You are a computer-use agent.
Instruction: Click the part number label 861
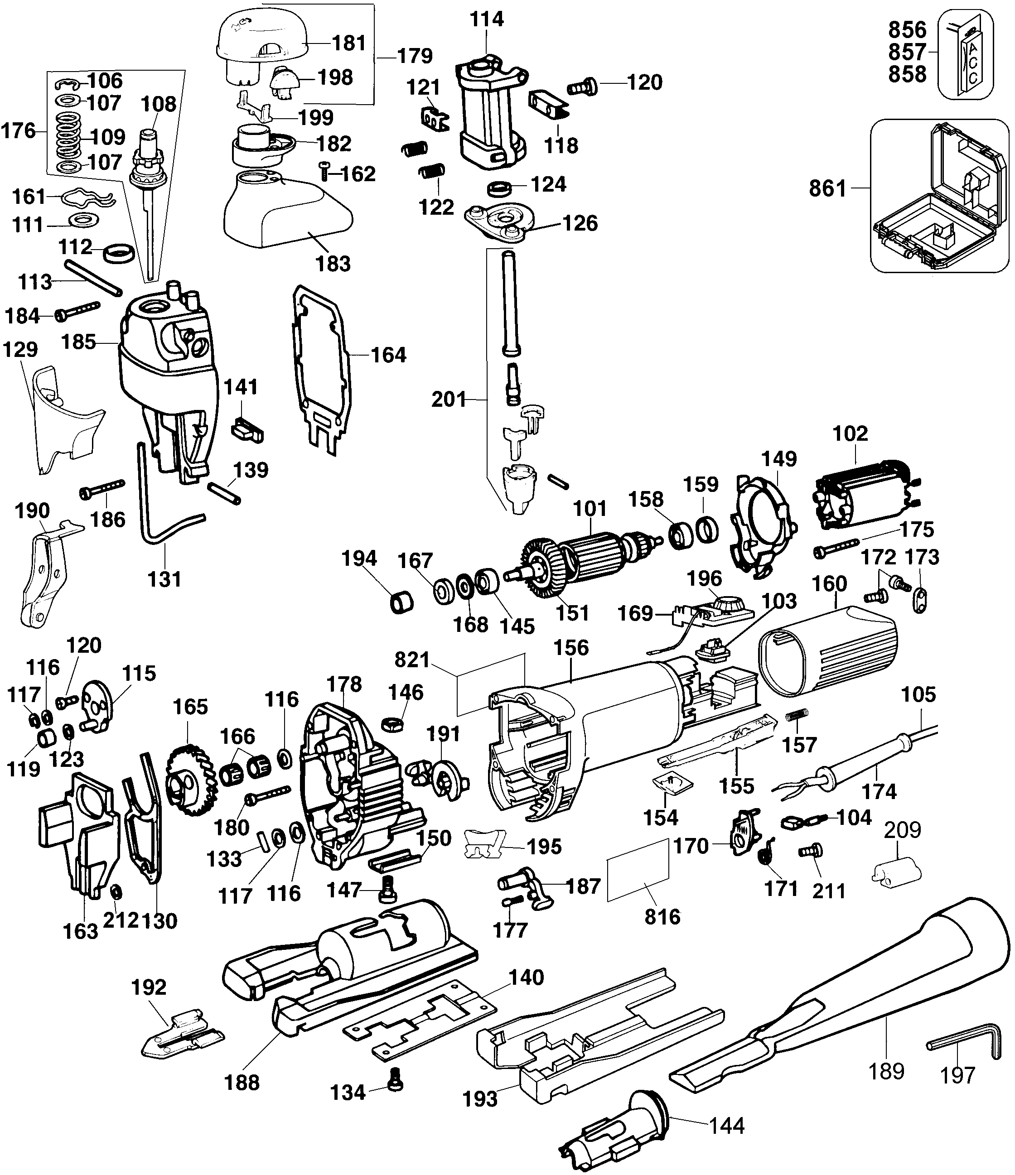point(827,188)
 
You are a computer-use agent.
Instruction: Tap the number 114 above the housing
point(487,19)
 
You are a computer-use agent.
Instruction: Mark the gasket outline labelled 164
point(320,369)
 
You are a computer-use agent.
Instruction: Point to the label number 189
point(886,1072)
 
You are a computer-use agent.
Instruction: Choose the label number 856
point(907,29)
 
